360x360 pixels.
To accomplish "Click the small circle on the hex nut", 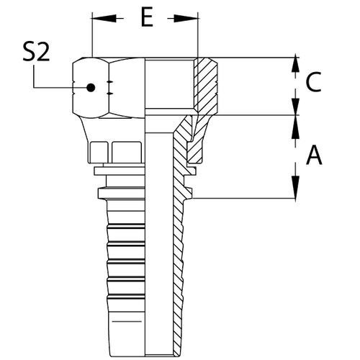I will click(91, 87).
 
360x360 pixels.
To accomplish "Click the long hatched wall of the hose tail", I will click(179, 274).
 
